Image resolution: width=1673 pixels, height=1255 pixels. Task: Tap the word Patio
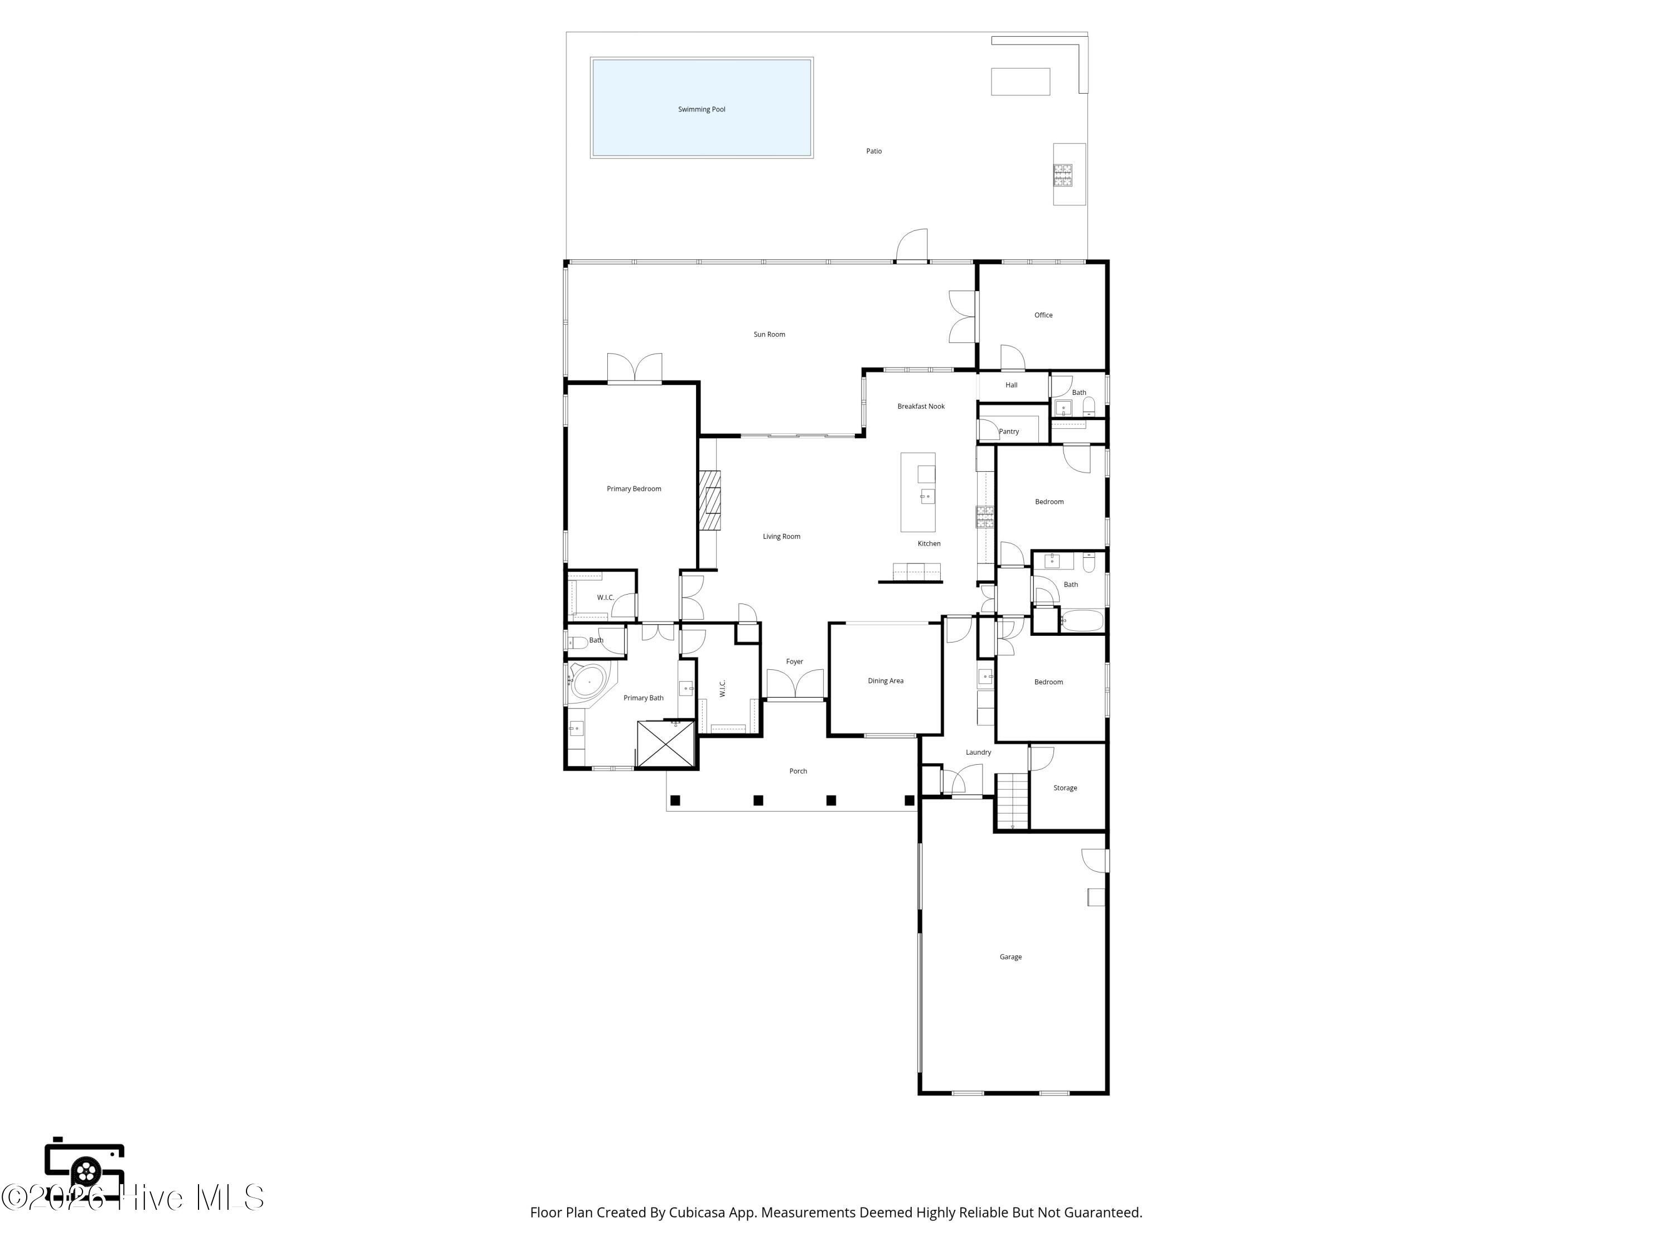(873, 151)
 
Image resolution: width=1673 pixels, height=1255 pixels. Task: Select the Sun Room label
(769, 334)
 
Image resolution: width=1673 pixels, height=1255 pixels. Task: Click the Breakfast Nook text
(921, 406)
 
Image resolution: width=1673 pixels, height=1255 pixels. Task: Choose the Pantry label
(1009, 432)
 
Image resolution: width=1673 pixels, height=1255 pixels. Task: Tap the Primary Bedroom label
(634, 489)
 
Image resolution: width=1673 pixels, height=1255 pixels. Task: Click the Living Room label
(781, 537)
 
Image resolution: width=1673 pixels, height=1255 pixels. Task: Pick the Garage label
(1010, 957)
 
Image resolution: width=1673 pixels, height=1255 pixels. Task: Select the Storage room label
(1065, 788)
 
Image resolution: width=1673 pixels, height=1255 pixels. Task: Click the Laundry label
(978, 752)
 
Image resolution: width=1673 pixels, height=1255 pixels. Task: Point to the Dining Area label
(886, 681)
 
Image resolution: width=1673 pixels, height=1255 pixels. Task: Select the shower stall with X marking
(665, 745)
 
